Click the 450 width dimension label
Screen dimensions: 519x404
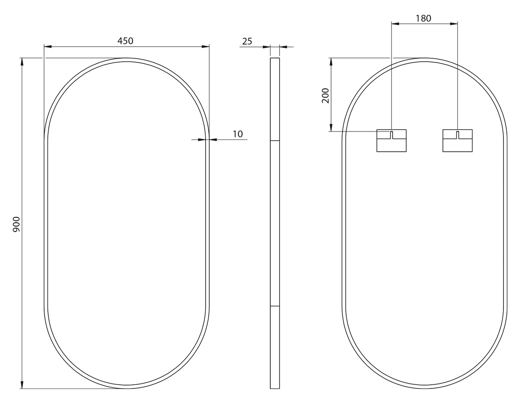click(x=125, y=41)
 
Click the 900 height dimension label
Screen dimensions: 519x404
click(x=16, y=224)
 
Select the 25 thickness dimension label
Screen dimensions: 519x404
click(x=247, y=41)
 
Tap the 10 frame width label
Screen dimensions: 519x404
click(x=238, y=134)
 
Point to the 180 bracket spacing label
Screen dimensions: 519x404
click(x=423, y=19)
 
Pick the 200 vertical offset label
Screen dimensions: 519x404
click(x=325, y=96)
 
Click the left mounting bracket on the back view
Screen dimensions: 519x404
click(x=391, y=141)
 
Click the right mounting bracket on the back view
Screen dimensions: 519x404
click(x=457, y=141)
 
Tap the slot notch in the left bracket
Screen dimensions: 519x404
click(x=391, y=135)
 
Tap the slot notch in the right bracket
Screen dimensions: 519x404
click(x=457, y=135)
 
